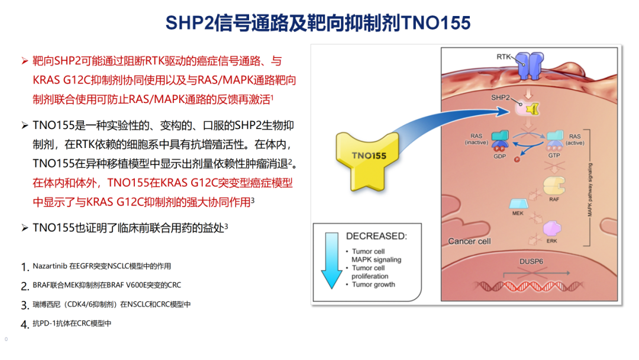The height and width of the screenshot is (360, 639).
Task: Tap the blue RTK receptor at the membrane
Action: tap(530, 66)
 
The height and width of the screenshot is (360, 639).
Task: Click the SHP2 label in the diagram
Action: tap(500, 98)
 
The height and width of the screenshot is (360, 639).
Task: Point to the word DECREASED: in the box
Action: tap(376, 236)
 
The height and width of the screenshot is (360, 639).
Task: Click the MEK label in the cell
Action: tap(518, 213)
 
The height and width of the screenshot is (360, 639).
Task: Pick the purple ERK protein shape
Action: tap(552, 229)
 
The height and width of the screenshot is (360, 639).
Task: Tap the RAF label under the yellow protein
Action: tap(554, 200)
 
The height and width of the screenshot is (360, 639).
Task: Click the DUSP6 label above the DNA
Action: tap(531, 261)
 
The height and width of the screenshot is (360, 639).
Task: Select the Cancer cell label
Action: tap(469, 242)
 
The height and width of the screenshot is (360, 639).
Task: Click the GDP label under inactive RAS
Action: tap(499, 156)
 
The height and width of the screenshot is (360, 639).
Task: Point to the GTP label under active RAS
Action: tap(554, 155)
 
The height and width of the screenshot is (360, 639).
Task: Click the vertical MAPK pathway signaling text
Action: tap(590, 189)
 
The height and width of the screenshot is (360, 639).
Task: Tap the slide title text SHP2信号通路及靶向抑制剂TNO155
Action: tap(318, 23)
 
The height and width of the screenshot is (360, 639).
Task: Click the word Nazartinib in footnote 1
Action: tap(50, 266)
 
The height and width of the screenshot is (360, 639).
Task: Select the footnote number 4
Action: tap(24, 324)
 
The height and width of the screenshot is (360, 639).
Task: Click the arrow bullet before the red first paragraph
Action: tap(25, 61)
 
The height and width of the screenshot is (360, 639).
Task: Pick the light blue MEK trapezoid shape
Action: tap(519, 204)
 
